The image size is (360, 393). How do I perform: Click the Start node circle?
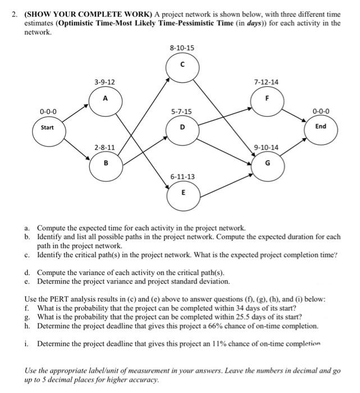coord(48,127)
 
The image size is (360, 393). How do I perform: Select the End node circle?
coord(320,126)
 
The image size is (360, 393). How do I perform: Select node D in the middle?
coord(182,127)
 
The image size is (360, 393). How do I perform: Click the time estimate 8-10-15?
coord(182,48)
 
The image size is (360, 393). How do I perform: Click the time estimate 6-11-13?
coord(182,177)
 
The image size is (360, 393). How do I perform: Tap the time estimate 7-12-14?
coord(266,82)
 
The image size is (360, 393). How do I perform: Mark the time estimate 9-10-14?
coord(266,148)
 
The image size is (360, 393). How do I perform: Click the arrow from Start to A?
coord(75,112)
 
